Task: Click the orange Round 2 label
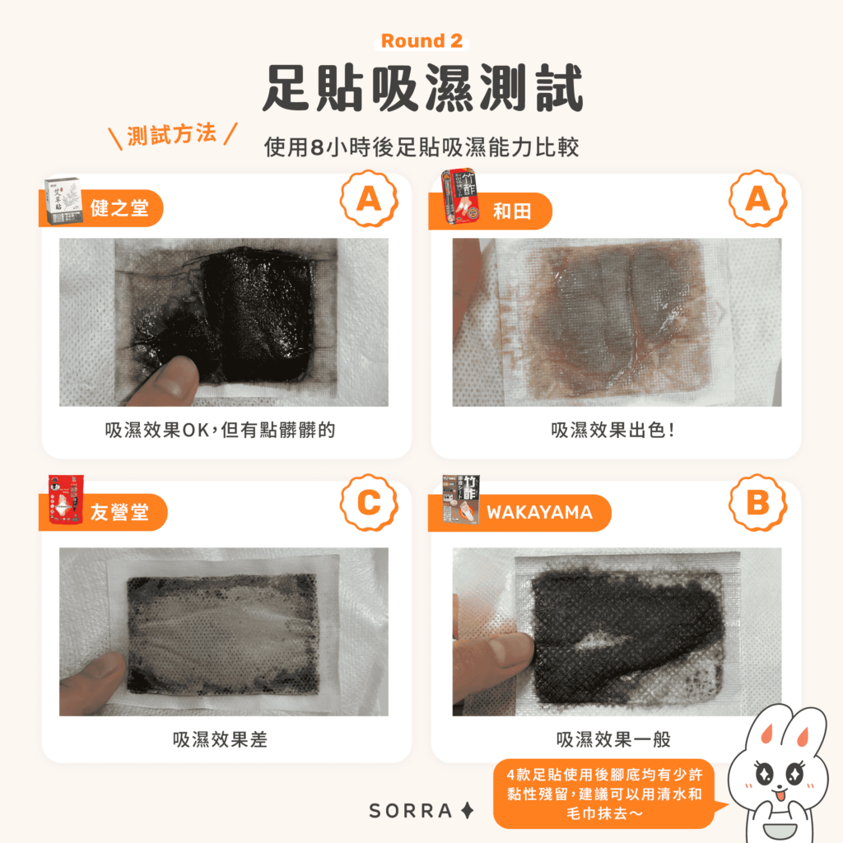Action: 421,41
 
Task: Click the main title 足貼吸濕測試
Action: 421,89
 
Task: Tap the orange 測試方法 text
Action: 172,134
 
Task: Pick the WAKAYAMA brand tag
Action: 538,513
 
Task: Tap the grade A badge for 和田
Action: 757,199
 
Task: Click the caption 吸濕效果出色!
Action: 613,431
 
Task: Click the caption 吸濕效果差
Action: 220,739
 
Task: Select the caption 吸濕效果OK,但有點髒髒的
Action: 220,431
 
